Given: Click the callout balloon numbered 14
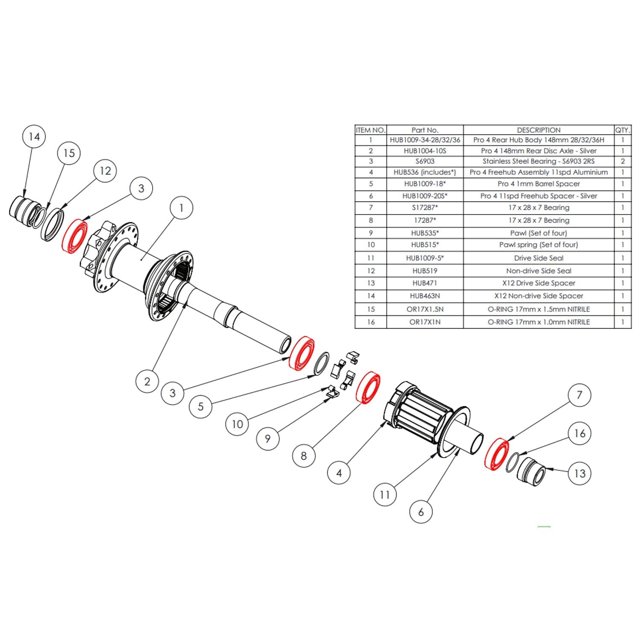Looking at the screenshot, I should point(34,137).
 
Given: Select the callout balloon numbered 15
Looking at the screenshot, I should point(69,153).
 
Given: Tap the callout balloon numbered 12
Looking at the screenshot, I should point(105,171).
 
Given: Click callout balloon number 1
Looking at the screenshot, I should point(181,208).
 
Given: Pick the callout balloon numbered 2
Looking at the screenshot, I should point(147,381).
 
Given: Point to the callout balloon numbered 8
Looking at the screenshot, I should point(303,456).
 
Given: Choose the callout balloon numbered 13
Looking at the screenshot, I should point(579,473).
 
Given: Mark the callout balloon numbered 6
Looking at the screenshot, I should point(421,512).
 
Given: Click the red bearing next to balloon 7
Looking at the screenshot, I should point(497,455).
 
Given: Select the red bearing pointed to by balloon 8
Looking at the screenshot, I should point(368,388).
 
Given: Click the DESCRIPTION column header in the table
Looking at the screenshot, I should point(538,130).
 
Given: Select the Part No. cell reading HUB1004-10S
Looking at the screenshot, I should point(425,151).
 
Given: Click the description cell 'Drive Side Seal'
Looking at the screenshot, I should point(538,258).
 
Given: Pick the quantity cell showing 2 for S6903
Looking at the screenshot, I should point(623,162).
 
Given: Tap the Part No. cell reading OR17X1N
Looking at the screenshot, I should point(425,322).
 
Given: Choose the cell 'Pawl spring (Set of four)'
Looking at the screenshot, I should point(538,245).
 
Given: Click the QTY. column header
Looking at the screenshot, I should point(623,130).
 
